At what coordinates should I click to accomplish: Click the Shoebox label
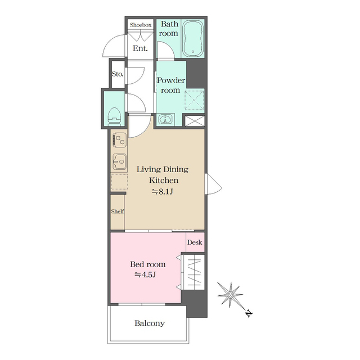pos(140,25)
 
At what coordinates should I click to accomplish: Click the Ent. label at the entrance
pos(140,48)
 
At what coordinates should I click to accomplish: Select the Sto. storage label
pos(117,74)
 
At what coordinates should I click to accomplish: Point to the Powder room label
pos(170,85)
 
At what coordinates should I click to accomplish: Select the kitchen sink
pos(119,161)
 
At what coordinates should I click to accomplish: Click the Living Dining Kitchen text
pos(163,175)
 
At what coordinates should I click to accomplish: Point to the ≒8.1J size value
pos(163,192)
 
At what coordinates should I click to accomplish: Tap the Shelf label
pos(117,211)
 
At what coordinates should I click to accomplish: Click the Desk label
pos(195,242)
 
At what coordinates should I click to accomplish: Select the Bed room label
pos(148,264)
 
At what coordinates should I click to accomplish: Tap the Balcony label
pos(150,323)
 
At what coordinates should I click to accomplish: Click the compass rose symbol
pos(231,294)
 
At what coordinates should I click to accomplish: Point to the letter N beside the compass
pos(248,313)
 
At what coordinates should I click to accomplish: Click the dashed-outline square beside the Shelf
pos(119,182)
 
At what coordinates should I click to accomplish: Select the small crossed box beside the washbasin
pos(195,120)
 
